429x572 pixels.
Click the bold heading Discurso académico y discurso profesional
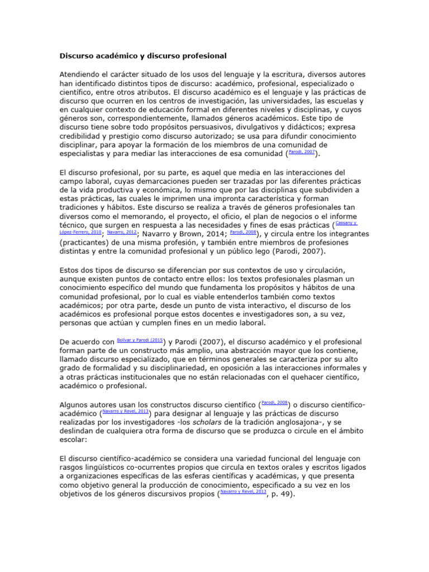[x=142, y=56]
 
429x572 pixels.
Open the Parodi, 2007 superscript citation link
[x=302, y=151]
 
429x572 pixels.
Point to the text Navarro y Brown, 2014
[x=180, y=235]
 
